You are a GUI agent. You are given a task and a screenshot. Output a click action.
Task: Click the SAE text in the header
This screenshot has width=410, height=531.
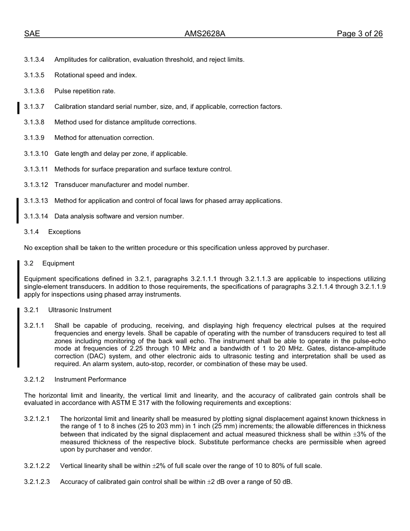coord(32,34)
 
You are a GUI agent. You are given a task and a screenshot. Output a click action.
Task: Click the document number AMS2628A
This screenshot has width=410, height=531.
coord(205,34)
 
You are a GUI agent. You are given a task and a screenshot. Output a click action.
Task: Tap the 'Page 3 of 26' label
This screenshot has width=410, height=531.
coord(360,34)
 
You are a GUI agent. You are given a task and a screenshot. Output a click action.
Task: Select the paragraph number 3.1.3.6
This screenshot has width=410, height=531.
coord(34,91)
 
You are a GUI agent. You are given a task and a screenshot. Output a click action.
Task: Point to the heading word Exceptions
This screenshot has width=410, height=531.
coord(64,232)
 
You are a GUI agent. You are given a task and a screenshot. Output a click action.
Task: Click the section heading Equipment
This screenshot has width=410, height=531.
coord(58,263)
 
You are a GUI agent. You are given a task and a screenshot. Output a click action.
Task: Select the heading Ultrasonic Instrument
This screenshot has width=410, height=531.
coord(79,310)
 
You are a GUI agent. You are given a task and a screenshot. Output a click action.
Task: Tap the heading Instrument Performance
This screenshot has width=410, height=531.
coord(90,379)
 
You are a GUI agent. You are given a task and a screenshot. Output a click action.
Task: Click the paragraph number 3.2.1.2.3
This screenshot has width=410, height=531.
coord(37,482)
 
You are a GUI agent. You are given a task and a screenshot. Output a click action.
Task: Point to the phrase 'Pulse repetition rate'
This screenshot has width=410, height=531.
coord(85,91)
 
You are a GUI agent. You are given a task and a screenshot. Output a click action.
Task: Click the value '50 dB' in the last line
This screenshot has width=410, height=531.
coord(283,482)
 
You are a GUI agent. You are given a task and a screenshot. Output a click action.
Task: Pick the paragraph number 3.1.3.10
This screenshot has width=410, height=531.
coord(36,154)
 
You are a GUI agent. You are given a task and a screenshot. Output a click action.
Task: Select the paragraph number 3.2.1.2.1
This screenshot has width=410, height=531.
coord(37,419)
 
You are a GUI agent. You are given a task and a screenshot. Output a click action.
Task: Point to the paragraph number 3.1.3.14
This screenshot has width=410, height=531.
coord(36,216)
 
